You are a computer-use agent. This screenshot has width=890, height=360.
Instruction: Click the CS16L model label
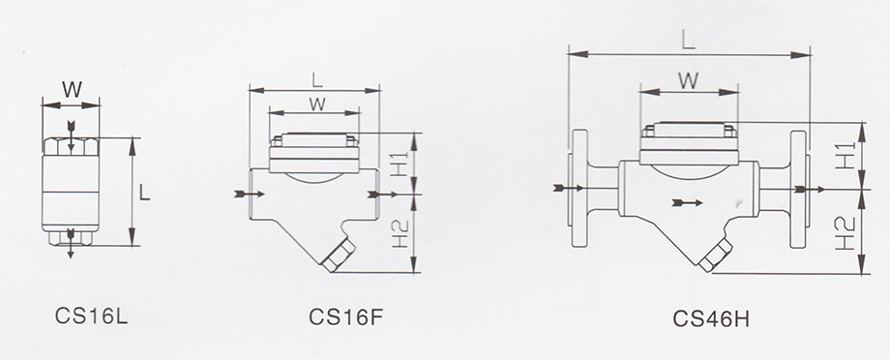(x=91, y=315)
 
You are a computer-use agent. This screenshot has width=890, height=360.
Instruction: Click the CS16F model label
(x=345, y=316)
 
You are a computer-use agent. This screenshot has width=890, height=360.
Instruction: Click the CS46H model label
(x=711, y=318)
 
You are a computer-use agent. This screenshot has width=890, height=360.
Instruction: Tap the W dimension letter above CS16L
(x=73, y=90)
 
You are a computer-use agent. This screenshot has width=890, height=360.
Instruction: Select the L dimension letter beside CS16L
(x=145, y=193)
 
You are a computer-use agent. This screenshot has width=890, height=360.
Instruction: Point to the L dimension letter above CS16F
(x=317, y=79)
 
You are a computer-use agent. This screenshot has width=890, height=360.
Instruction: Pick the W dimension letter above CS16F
(x=316, y=104)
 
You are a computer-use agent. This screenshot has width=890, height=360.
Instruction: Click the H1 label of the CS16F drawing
(x=400, y=165)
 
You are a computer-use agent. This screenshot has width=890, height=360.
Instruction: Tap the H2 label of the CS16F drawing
(x=400, y=233)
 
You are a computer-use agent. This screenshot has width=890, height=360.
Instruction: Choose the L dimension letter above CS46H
(x=689, y=40)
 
